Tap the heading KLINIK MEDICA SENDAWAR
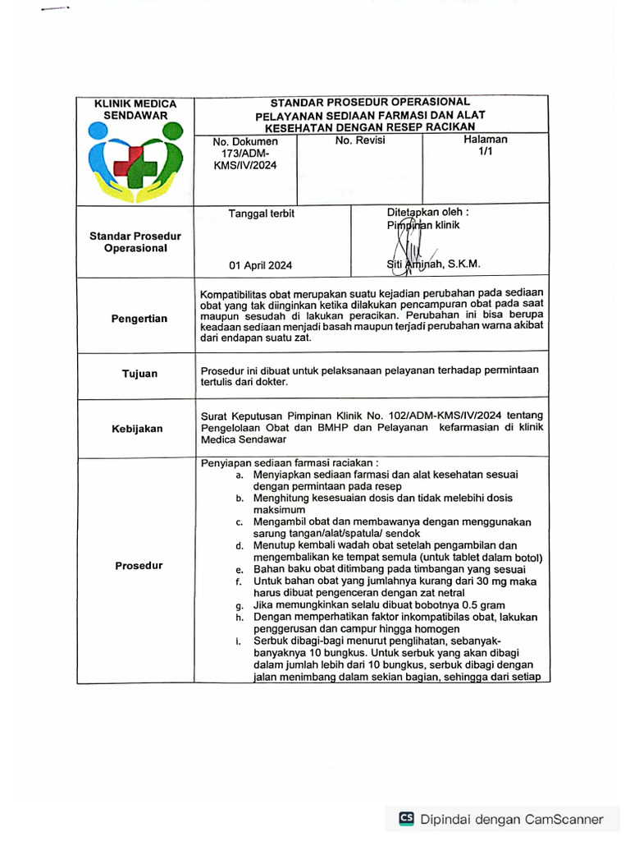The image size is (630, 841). point(135,109)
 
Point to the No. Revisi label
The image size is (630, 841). point(360,140)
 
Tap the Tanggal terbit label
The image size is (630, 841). point(261,214)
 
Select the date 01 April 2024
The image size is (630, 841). point(260,265)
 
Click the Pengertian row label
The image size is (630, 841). point(139,319)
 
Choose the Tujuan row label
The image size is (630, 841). point(139,374)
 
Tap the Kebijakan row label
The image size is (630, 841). point(138,428)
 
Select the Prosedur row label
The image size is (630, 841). point(139,565)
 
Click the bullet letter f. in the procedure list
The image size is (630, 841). point(237,581)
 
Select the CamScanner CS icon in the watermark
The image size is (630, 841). point(406,818)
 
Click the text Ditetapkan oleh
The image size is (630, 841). point(427,211)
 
